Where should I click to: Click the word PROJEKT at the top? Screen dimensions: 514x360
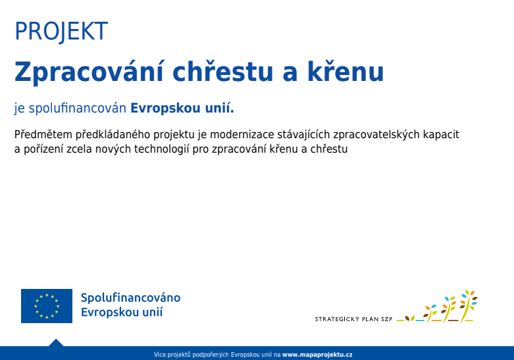pos(61,31)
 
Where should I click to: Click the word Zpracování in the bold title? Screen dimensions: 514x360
pos(88,72)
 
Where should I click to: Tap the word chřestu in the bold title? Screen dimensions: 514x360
pos(222,71)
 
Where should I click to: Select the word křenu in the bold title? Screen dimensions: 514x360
pos(346,71)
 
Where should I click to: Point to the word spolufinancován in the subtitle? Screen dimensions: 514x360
pos(78,108)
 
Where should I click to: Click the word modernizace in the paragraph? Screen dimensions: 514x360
pos(242,134)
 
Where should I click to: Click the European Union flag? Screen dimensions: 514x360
pos(47,306)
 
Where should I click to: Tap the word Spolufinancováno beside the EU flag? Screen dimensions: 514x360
pos(130,297)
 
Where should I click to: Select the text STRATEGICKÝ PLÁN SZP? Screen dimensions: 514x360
pos(353,319)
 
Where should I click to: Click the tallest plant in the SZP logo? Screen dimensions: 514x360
pos(468,305)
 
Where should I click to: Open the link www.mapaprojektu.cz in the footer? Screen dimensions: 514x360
pos(317,355)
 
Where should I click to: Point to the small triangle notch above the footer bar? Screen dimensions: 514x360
pos(56,343)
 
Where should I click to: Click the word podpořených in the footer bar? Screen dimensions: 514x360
pos(211,355)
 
